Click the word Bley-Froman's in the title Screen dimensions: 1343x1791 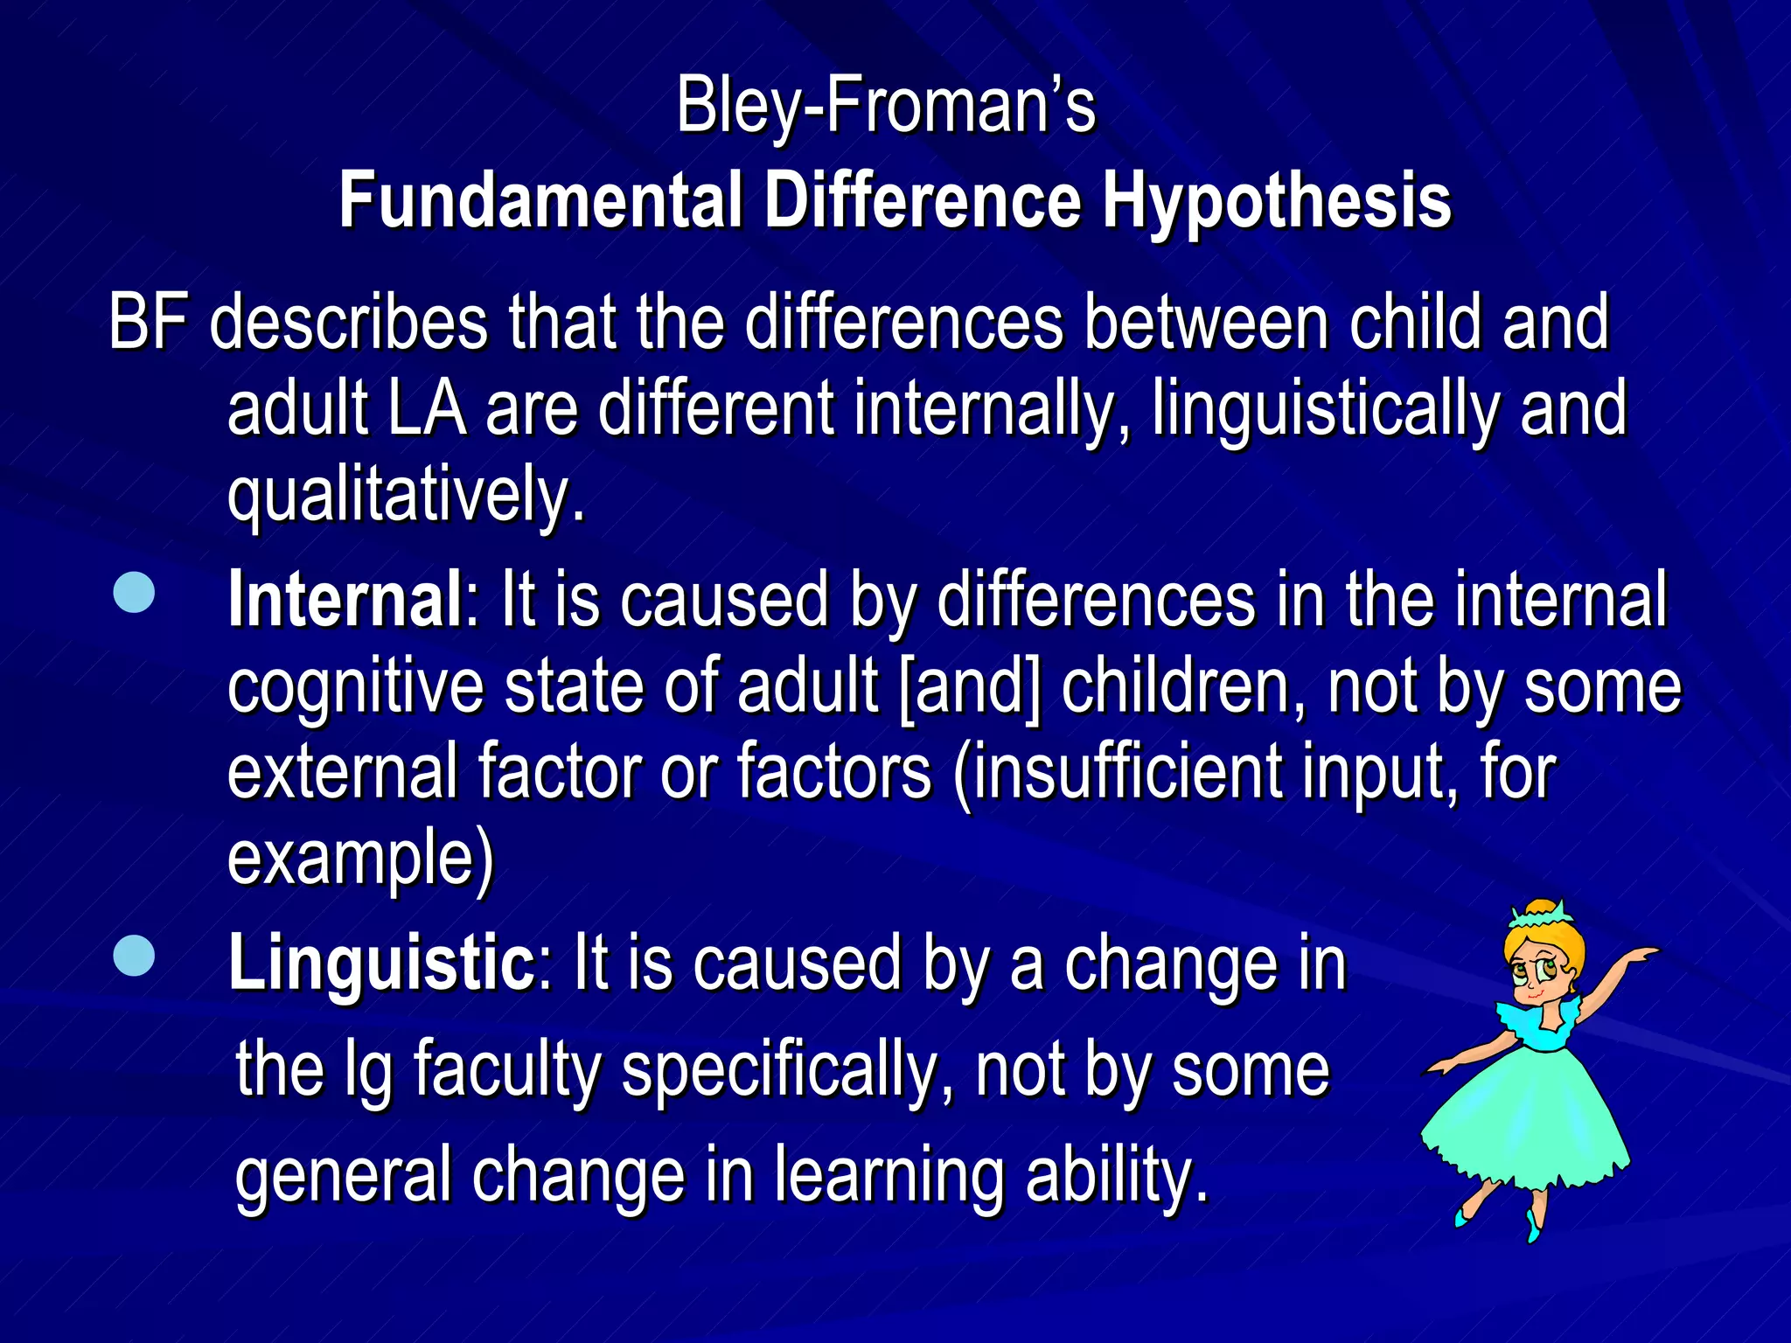[885, 107]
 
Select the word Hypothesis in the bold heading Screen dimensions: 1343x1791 [1276, 202]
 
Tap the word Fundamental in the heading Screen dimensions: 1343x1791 [540, 202]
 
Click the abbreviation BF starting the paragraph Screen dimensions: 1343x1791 [149, 324]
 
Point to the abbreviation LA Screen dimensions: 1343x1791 [427, 409]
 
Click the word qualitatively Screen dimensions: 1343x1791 [406, 496]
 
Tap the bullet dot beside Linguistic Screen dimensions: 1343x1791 [134, 956]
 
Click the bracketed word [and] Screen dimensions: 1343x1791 [970, 687]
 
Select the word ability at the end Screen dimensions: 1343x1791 [1117, 1175]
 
